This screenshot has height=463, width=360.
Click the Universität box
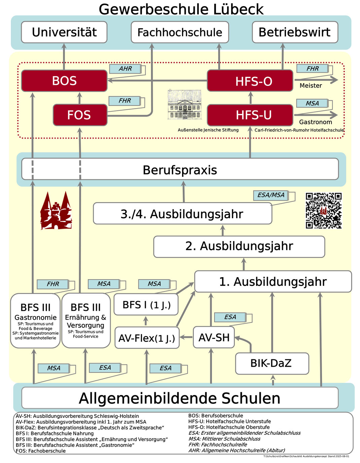(x=64, y=32)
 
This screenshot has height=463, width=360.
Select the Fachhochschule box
(x=180, y=32)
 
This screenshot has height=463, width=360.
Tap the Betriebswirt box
(x=295, y=32)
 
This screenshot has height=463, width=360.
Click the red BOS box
(x=64, y=81)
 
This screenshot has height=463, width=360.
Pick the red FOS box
(x=80, y=115)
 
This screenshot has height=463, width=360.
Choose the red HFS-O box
(x=250, y=81)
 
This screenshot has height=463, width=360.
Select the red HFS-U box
(x=250, y=115)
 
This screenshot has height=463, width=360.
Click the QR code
(x=323, y=210)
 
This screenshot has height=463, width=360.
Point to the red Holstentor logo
(x=56, y=211)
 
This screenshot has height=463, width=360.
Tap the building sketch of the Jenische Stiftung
(x=185, y=105)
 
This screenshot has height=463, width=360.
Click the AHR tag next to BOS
(x=125, y=69)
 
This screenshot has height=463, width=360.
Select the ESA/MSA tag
(x=271, y=195)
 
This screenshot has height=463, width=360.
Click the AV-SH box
(x=214, y=337)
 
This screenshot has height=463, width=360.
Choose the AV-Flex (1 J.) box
(x=147, y=338)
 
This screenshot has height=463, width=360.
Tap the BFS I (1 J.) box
(x=146, y=305)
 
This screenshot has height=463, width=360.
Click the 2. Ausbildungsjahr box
(x=239, y=246)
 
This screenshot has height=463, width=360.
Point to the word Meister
(x=311, y=86)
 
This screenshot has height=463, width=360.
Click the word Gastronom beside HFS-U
(x=315, y=122)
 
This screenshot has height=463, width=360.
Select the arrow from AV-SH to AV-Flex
(x=186, y=337)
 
